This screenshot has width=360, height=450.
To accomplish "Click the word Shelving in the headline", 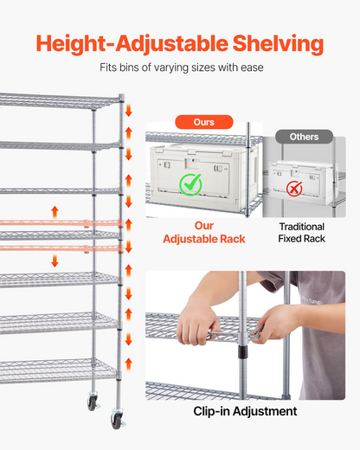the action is [x=278, y=44].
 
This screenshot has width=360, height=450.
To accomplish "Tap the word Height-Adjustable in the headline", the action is [x=132, y=44].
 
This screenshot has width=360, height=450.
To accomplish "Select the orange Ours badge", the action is [x=204, y=122].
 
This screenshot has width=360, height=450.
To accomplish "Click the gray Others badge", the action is [x=304, y=137].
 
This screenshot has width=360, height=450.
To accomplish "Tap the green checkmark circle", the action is [x=190, y=185].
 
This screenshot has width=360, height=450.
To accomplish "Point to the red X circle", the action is [x=294, y=189].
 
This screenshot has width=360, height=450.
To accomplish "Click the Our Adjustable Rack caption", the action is [x=204, y=232].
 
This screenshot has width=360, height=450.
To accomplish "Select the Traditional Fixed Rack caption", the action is [x=302, y=233].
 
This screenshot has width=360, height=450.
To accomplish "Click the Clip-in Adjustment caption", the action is [x=245, y=411].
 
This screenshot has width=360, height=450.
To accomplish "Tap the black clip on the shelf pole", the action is [x=242, y=352].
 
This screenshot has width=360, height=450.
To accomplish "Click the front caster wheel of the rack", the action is [x=118, y=421].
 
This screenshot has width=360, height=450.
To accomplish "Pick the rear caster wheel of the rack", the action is [x=93, y=402].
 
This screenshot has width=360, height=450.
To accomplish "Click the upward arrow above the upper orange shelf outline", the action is [x=55, y=212].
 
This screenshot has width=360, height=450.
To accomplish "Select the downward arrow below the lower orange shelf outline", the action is [x=55, y=260].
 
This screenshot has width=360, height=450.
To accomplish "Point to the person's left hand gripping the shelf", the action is [x=274, y=325].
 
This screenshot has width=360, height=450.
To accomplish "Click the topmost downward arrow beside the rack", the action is [x=129, y=111].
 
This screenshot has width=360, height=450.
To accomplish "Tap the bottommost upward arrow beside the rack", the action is [x=129, y=364].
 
